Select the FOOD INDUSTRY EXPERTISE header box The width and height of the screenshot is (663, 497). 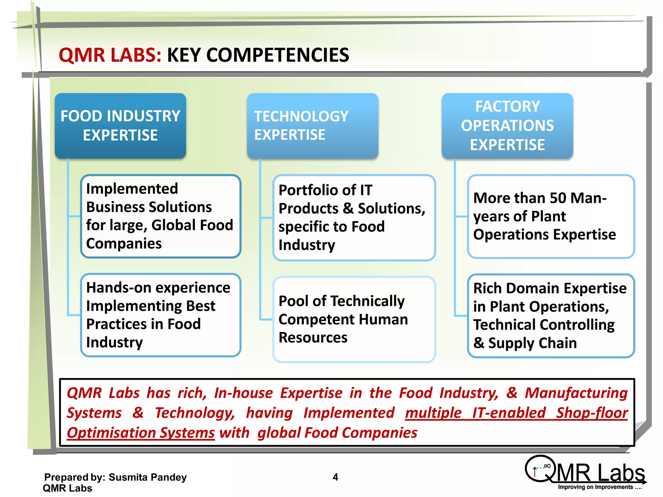pos(120,126)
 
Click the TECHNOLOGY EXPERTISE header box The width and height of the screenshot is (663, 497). pos(312,126)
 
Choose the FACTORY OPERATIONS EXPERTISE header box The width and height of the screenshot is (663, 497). pos(507,126)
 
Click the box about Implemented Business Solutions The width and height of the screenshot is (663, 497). pos(161,216)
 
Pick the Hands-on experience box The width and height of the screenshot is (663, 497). pos(161,315)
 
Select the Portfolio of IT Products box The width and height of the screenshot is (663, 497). pos(354,217)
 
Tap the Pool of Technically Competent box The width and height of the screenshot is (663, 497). pos(354,319)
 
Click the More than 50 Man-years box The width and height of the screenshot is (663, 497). pos(551,216)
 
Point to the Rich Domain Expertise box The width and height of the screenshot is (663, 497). pos(551,315)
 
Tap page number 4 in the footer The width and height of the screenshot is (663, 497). pos(335,477)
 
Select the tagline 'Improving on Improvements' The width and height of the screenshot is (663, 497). pos(599,487)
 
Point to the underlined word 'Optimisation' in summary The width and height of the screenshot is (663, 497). pos(141,433)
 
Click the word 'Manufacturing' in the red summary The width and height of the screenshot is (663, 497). pos(576,393)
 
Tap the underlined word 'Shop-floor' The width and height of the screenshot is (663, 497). pos(592,413)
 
